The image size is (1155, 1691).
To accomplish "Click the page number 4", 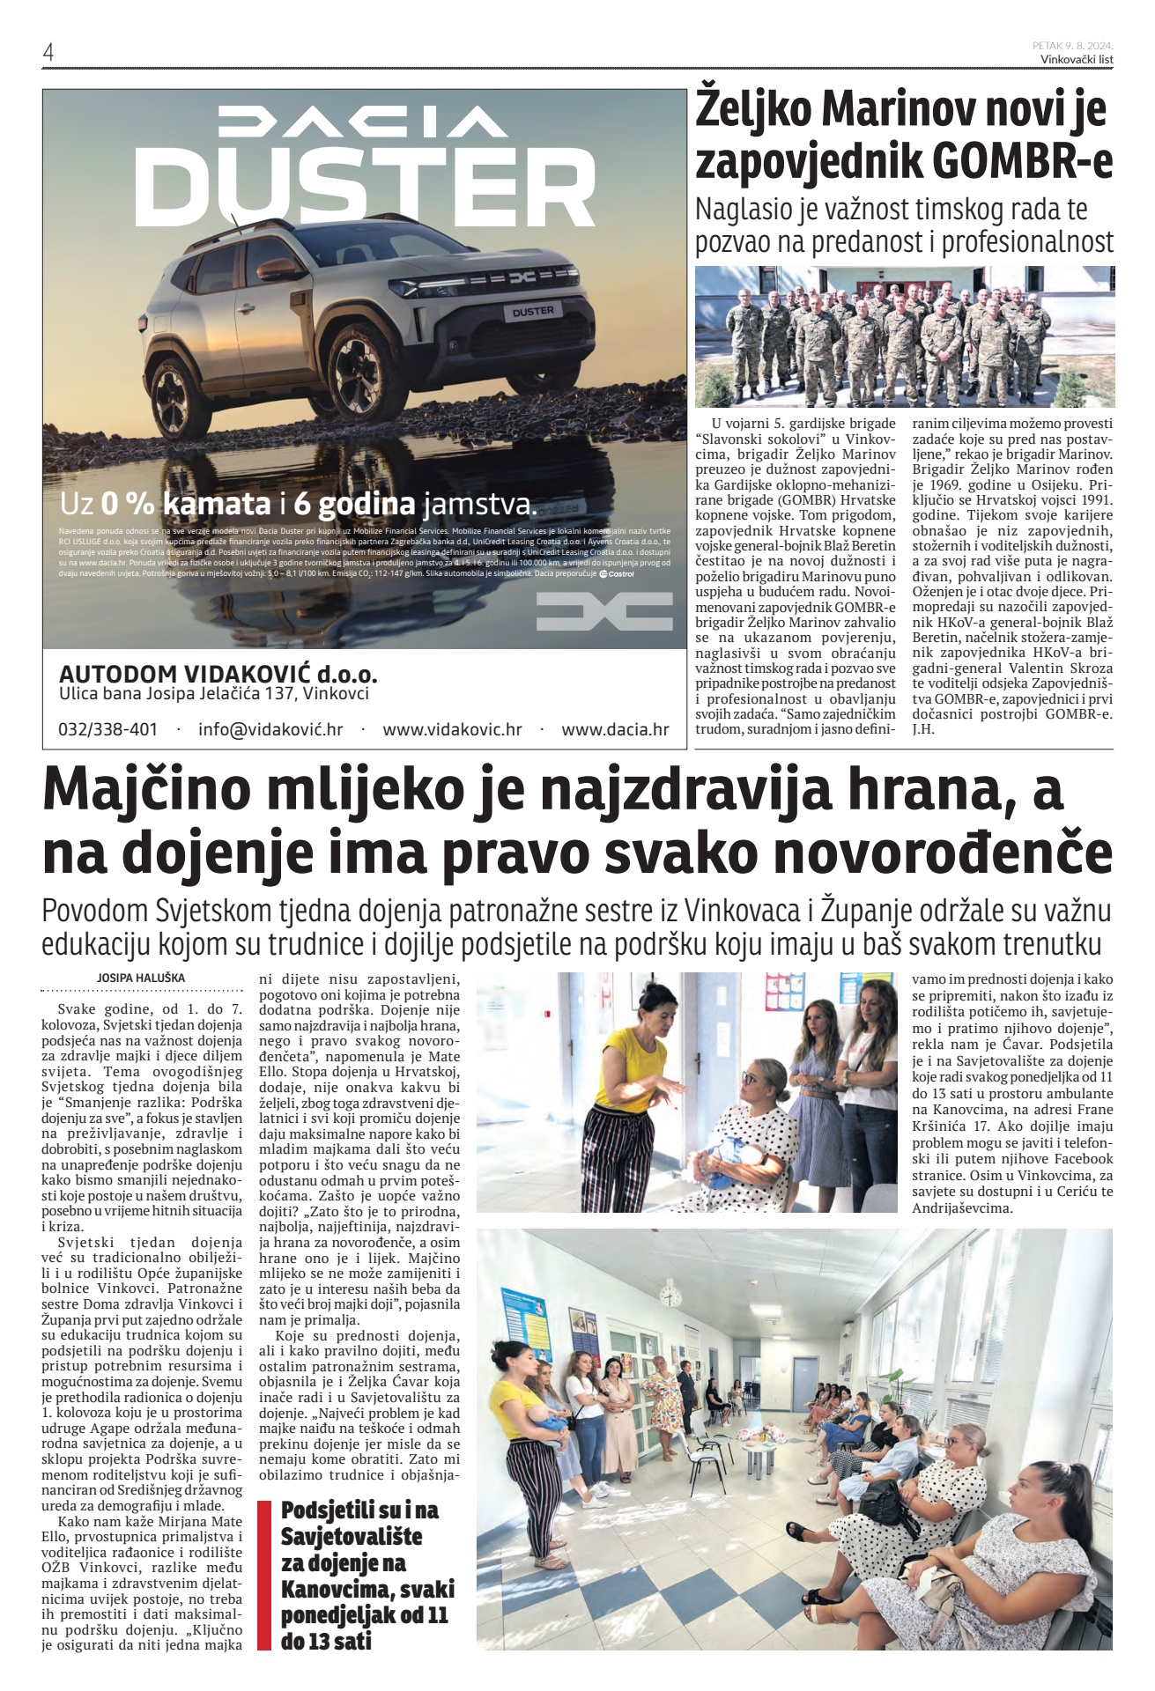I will point(48,52).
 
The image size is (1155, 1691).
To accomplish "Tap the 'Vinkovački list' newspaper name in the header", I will point(1077,59).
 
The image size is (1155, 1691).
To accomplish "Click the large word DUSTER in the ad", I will point(364,188).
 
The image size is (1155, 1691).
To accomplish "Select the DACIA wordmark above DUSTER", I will point(363,122).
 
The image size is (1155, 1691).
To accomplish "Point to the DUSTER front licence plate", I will point(534,311).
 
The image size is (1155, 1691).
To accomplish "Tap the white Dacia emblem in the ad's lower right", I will point(604,611).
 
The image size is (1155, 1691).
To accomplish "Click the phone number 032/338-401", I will point(108,729).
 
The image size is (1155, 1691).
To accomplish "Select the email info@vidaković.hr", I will point(270,729).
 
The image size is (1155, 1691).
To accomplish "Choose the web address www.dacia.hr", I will point(615,729).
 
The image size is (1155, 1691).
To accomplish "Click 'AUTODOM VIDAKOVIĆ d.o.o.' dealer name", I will point(218,675).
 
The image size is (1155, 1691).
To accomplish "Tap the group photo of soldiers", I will point(904,336).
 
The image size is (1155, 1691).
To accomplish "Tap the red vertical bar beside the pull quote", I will point(263,1576).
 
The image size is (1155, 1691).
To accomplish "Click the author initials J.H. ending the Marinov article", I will point(923,729).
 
